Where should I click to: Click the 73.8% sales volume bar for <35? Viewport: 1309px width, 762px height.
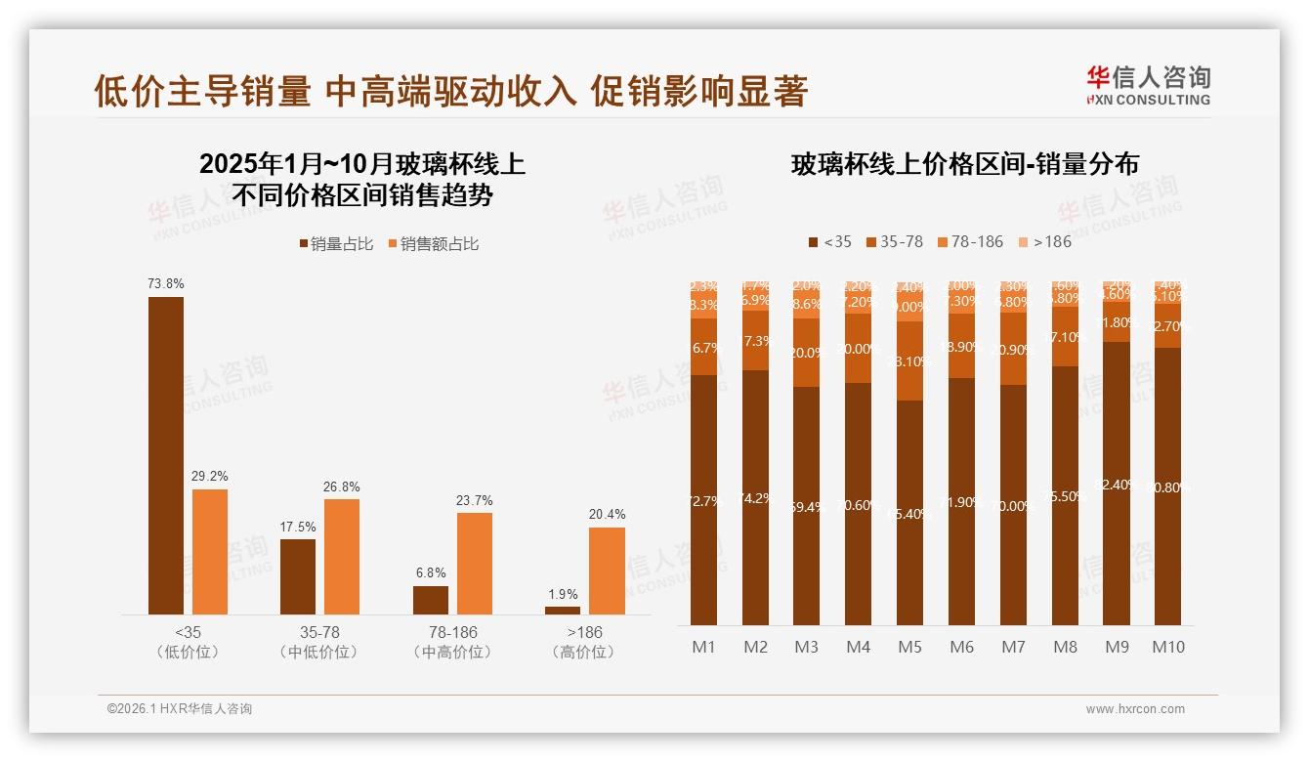166,455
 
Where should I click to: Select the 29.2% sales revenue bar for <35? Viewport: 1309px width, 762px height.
210,551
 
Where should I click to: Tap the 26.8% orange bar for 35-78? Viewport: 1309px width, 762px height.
342,556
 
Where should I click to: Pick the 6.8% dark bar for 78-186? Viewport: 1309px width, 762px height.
431,600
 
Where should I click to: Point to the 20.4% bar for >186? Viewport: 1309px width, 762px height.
607,571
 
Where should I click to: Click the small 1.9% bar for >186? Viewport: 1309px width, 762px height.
563,611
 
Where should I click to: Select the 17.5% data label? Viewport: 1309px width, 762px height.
298,528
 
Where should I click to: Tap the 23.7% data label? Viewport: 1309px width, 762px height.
475,501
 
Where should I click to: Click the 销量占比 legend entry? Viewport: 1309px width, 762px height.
336,244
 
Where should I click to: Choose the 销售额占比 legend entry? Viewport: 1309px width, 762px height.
434,244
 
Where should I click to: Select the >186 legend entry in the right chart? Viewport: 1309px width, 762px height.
1045,241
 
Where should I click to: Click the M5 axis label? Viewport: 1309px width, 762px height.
910,647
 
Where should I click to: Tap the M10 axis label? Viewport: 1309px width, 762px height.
1168,647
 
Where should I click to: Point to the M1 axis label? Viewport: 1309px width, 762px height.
704,647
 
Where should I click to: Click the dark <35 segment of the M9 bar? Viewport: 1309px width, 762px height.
1117,484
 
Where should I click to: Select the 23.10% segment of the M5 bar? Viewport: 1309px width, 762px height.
910,361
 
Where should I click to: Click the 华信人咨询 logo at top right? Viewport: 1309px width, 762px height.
1148,85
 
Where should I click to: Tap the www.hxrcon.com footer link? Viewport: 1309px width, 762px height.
1135,709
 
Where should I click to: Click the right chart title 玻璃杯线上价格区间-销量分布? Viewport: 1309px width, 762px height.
965,165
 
